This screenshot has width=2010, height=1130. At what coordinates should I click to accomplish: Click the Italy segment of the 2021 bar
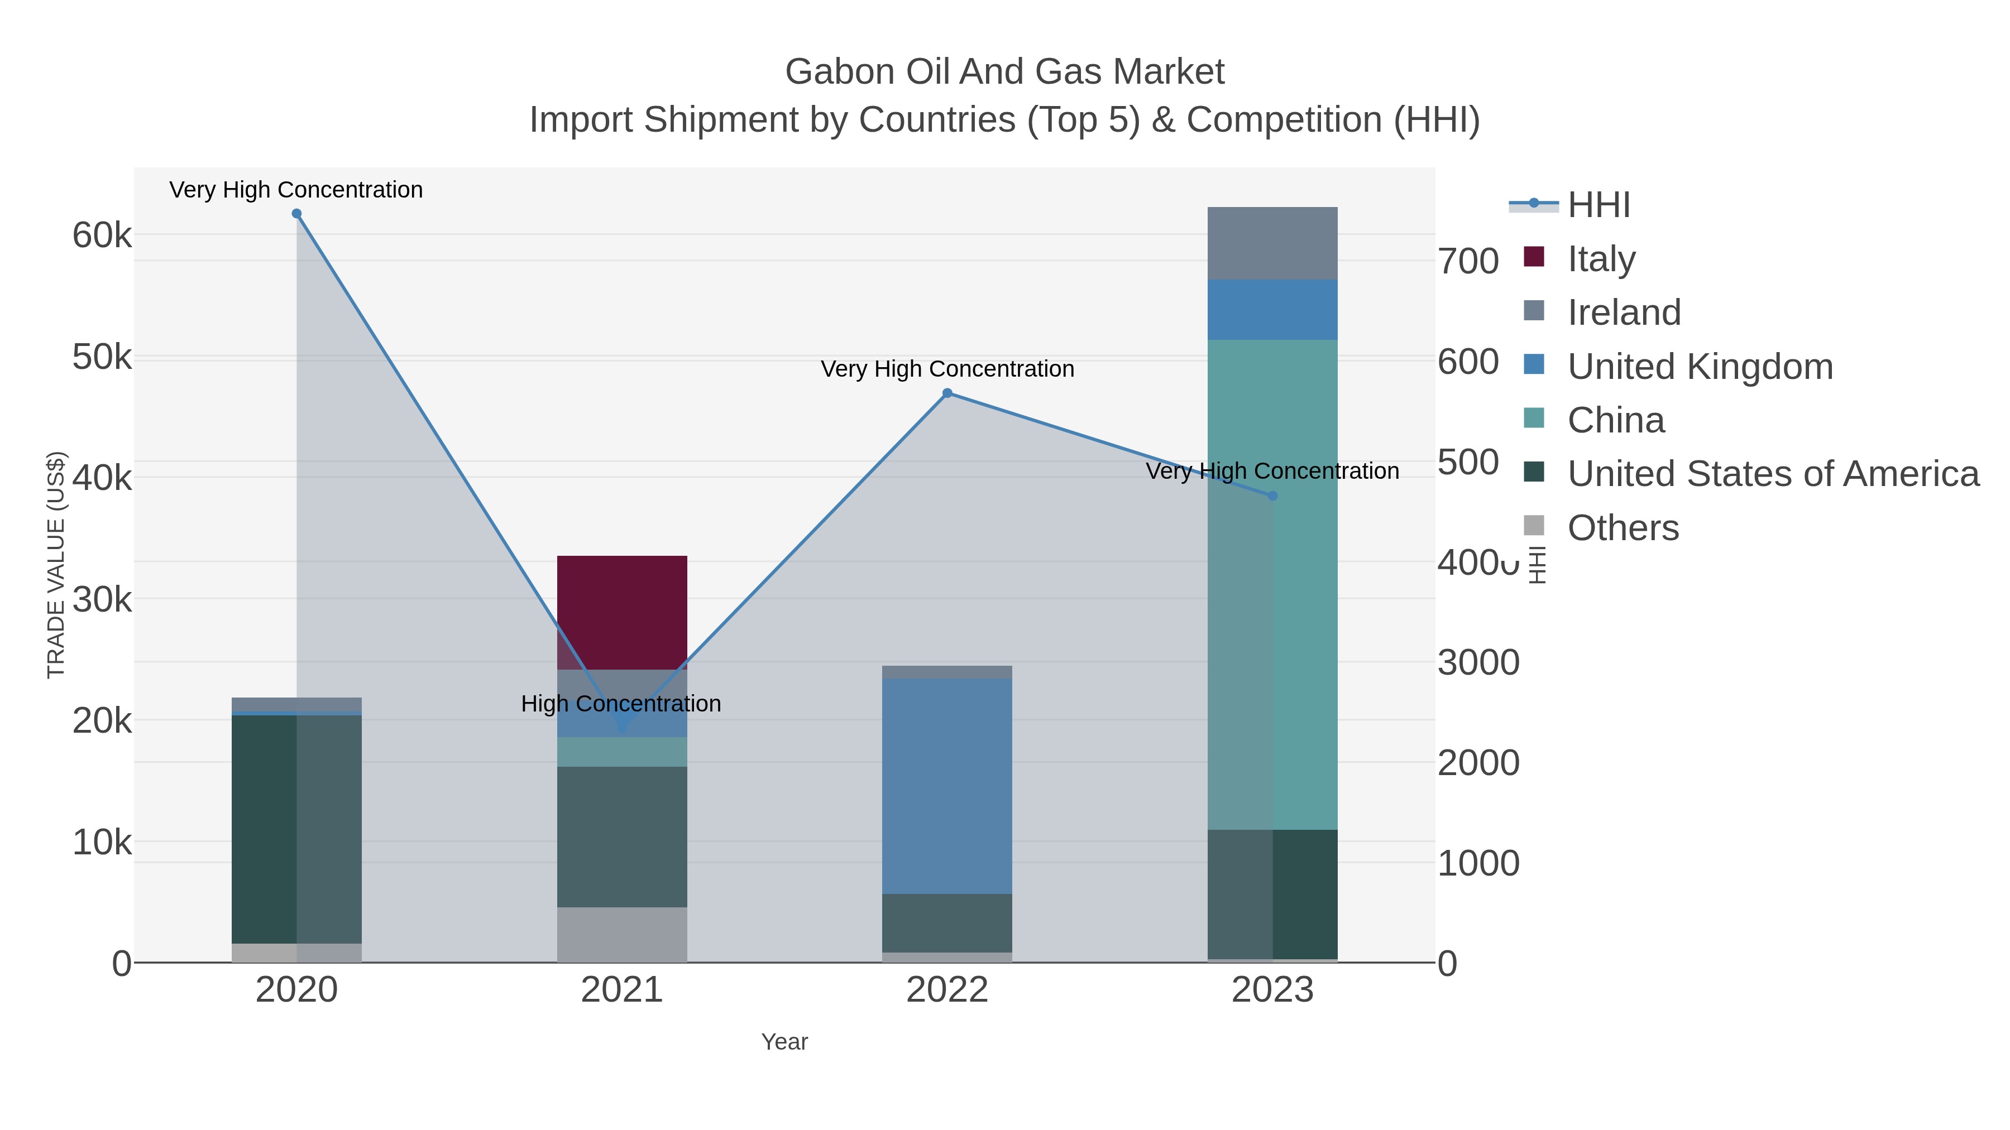(622, 612)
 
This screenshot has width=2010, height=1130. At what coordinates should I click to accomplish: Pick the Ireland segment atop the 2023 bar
(1272, 243)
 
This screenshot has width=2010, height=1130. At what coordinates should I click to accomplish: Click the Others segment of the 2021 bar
(622, 934)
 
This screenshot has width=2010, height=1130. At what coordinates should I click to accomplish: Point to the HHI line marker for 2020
(296, 214)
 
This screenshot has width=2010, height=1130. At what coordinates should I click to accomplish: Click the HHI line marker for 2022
(947, 393)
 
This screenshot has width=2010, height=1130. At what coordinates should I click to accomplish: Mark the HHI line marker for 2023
(1272, 496)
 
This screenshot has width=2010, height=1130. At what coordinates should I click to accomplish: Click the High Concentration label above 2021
(620, 704)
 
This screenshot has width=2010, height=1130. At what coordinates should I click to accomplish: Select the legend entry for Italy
(1601, 259)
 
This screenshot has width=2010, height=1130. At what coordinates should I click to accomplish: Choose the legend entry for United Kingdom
(1700, 367)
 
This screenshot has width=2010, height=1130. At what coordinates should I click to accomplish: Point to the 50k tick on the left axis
(102, 358)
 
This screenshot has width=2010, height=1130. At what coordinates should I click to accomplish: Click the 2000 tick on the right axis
(1478, 763)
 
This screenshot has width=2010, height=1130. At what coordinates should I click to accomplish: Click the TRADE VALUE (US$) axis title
(56, 565)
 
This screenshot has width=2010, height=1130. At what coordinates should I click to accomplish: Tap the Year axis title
(784, 1042)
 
